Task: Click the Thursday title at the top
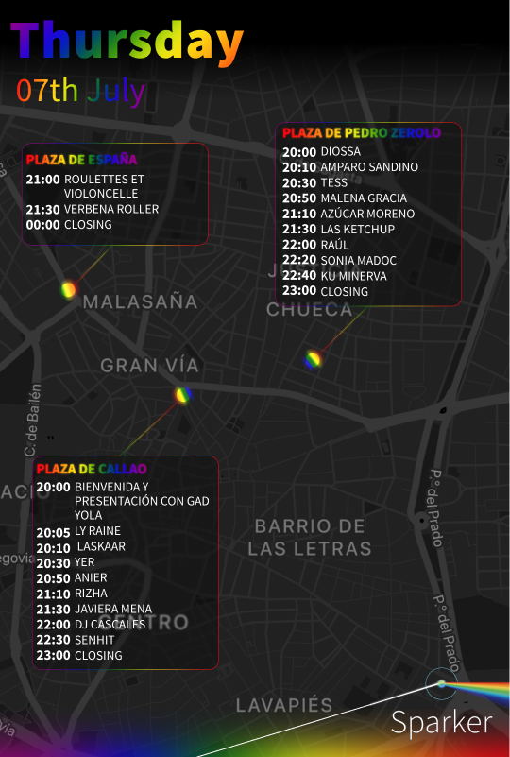pyautogui.click(x=127, y=43)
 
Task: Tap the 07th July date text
pyautogui.click(x=80, y=91)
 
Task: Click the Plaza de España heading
pyautogui.click(x=81, y=159)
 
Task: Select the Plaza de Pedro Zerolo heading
pyautogui.click(x=361, y=133)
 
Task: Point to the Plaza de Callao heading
pyautogui.click(x=92, y=469)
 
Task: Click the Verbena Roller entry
pyautogui.click(x=111, y=209)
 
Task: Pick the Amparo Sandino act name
pyautogui.click(x=369, y=167)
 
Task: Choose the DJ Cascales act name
pyautogui.click(x=110, y=624)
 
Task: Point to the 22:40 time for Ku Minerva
pyautogui.click(x=298, y=276)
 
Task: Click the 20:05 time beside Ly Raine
pyautogui.click(x=53, y=532)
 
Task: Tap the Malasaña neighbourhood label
pyautogui.click(x=141, y=302)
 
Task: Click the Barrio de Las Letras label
pyautogui.click(x=310, y=537)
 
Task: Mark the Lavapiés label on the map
pyautogui.click(x=284, y=706)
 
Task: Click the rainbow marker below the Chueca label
pyautogui.click(x=313, y=359)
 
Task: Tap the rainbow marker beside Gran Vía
pyautogui.click(x=183, y=395)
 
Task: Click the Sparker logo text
pyautogui.click(x=441, y=723)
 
